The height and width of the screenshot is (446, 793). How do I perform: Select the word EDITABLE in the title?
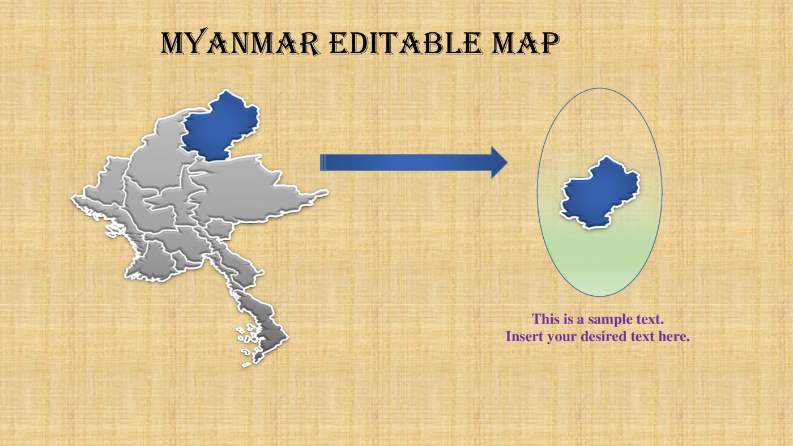pyautogui.click(x=403, y=44)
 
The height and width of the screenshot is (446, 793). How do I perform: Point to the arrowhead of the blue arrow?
pyautogui.click(x=498, y=163)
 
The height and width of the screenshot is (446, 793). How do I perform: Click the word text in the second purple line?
pyautogui.click(x=642, y=337)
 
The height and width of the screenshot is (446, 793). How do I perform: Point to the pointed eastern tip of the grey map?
pyautogui.click(x=324, y=193)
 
